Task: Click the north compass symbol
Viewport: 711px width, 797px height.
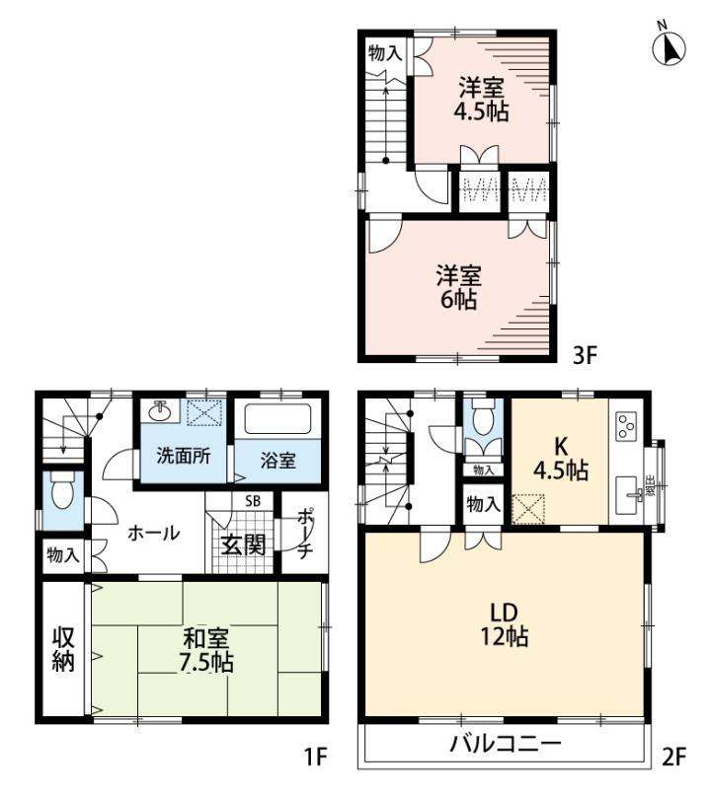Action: (x=669, y=45)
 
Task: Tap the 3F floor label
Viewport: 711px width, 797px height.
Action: (x=584, y=355)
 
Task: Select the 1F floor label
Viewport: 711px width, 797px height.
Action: (x=315, y=757)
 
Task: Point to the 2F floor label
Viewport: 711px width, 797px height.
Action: (x=674, y=757)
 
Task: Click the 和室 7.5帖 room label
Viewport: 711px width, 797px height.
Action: (x=206, y=651)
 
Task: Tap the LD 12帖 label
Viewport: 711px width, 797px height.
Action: (x=505, y=624)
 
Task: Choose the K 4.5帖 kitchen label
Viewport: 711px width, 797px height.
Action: (x=561, y=459)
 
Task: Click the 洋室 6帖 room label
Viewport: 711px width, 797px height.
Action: (x=458, y=287)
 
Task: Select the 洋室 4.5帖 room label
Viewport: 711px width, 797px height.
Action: (x=482, y=99)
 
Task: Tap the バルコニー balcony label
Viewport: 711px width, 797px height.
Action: (x=505, y=744)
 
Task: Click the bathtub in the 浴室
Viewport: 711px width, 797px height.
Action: (x=277, y=419)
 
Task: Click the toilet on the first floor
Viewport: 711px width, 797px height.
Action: (x=63, y=489)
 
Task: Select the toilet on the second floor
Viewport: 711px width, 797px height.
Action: (x=484, y=417)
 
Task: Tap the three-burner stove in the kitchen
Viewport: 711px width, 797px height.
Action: (x=626, y=426)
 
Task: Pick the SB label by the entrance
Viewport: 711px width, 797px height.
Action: (x=253, y=501)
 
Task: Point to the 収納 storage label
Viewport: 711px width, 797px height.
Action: (x=63, y=650)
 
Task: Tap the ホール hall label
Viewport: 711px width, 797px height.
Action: (x=153, y=534)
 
